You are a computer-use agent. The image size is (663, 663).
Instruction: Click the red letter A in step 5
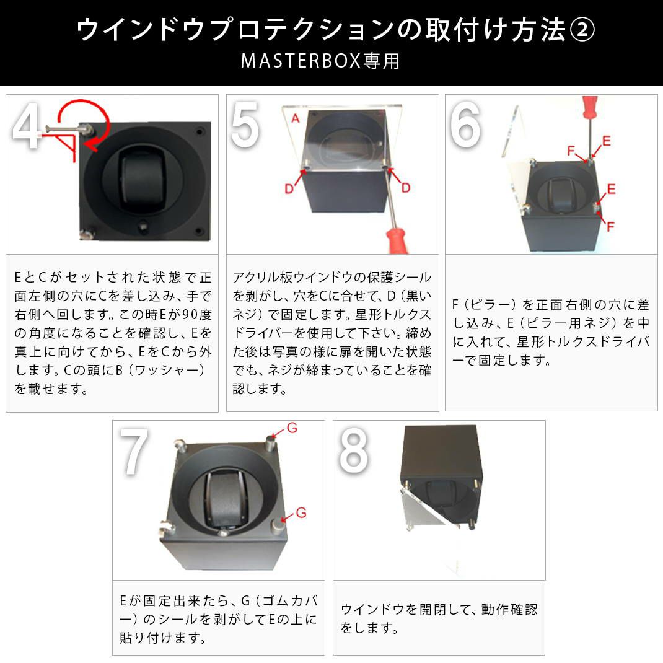point(295,120)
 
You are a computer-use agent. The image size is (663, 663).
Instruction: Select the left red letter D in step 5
point(289,188)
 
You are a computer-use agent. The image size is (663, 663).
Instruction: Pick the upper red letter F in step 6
point(571,151)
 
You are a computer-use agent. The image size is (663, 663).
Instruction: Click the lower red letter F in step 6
point(610,227)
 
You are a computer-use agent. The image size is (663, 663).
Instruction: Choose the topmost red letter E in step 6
point(605,141)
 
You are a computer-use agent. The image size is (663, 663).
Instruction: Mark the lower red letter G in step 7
point(301,512)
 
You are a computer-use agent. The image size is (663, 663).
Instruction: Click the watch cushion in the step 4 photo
point(141,180)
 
